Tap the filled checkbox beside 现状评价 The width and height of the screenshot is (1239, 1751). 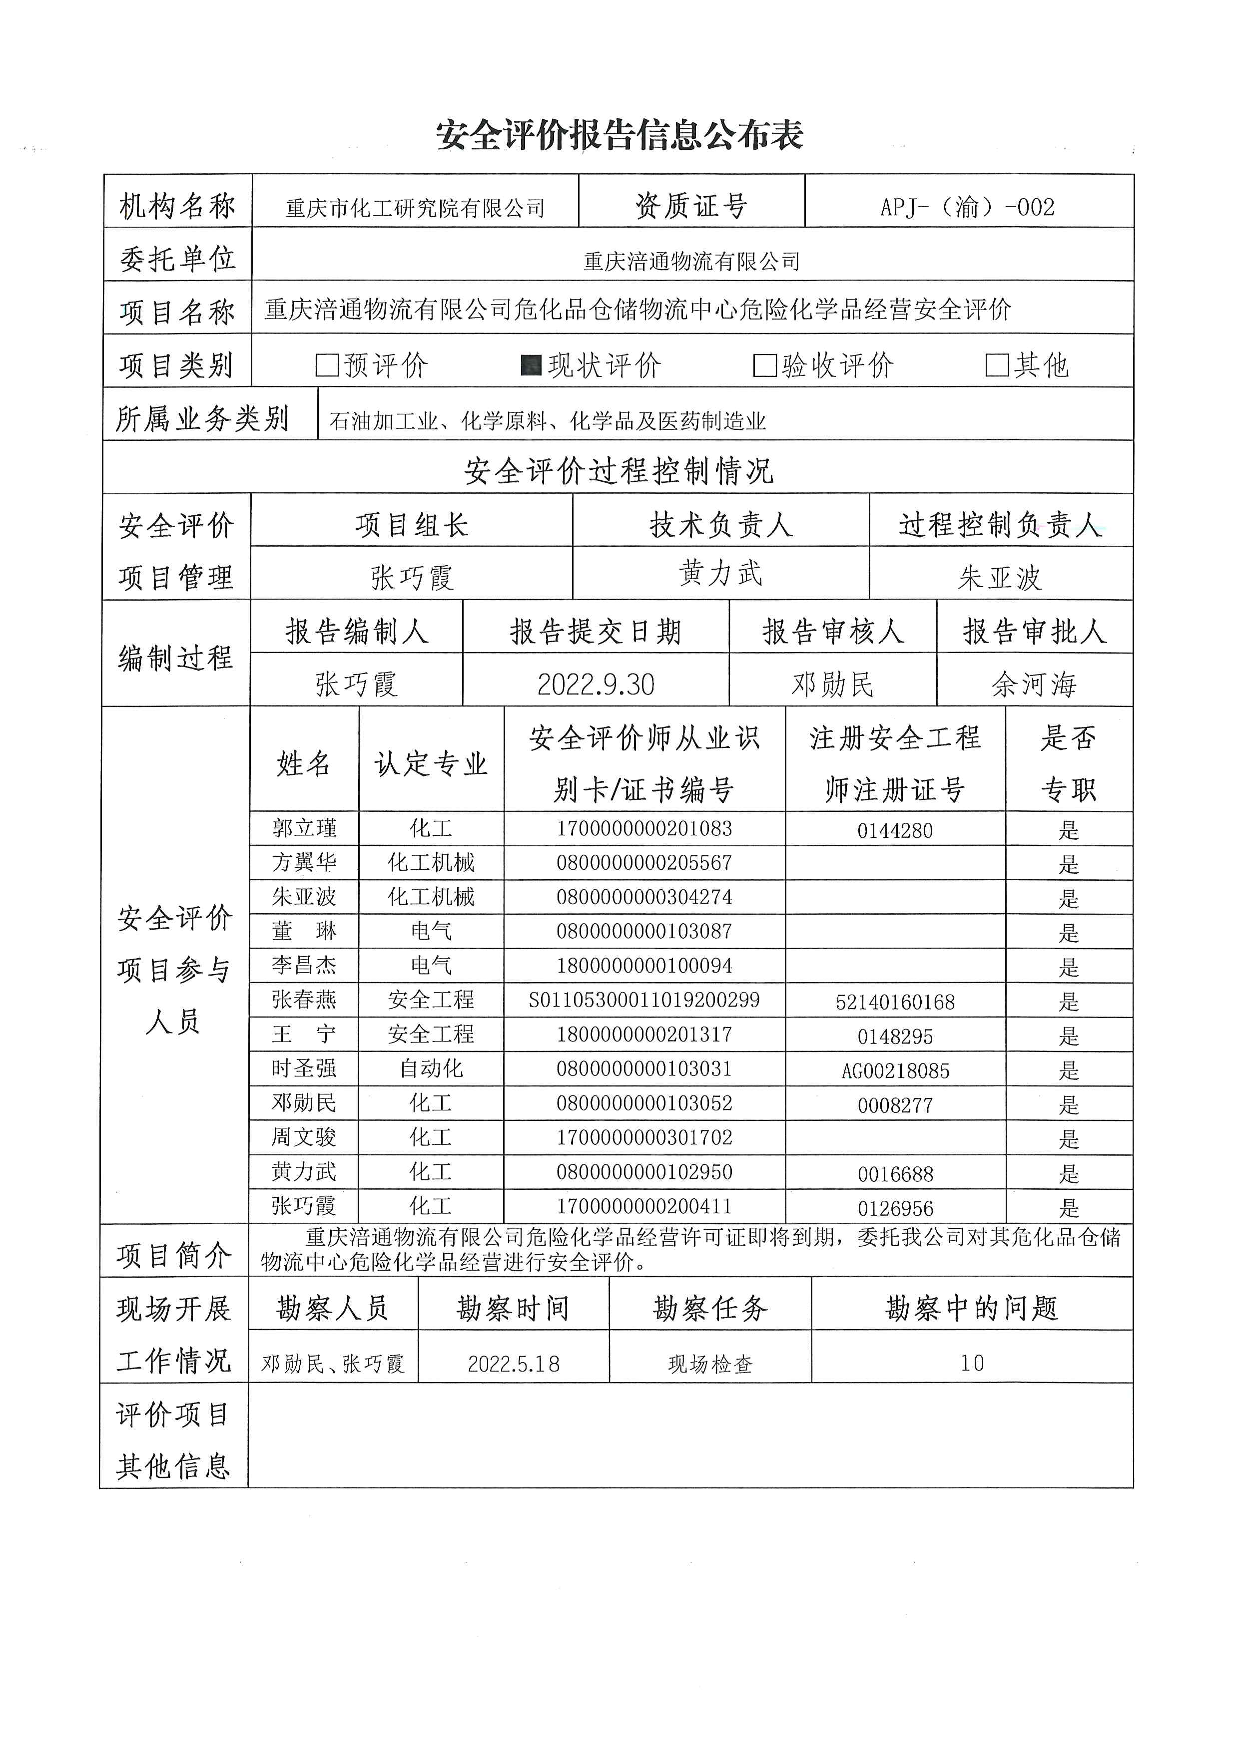coord(531,365)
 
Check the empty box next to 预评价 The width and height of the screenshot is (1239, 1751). coord(327,365)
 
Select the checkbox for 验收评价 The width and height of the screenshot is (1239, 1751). coord(764,365)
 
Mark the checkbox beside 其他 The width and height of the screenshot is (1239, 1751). coord(997,365)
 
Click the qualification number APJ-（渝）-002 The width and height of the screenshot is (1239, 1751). coord(967,207)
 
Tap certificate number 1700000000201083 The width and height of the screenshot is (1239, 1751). coord(644,828)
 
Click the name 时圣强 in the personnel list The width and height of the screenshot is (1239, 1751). coord(304,1068)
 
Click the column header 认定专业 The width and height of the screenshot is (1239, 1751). coord(431,762)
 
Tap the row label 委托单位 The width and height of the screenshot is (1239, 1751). coord(177,259)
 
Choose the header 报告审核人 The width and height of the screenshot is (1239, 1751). coord(832,632)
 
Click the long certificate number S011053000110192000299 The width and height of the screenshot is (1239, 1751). coord(644,1000)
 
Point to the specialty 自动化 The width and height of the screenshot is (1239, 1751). coord(431,1068)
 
